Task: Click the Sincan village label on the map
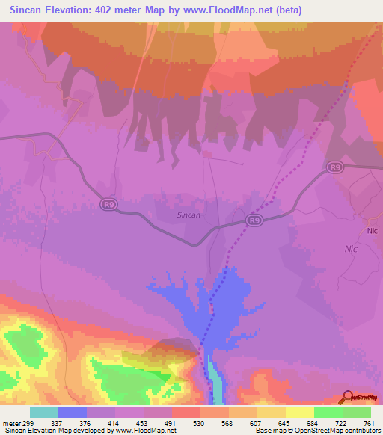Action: click(189, 215)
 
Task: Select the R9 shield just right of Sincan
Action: click(255, 220)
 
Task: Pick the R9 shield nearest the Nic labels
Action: click(334, 168)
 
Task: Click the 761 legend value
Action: click(368, 422)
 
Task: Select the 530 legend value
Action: click(199, 422)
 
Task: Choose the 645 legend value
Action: click(283, 422)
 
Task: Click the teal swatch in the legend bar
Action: click(44, 412)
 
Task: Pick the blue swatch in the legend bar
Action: click(73, 412)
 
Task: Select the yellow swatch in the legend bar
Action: click(300, 412)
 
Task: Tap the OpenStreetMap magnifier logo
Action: click(346, 398)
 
